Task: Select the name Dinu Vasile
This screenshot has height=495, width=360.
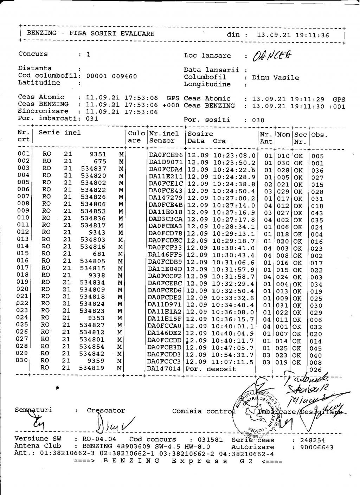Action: point(275,77)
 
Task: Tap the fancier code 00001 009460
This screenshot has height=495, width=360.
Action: point(111,76)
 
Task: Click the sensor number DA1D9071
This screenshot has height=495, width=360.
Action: point(166,163)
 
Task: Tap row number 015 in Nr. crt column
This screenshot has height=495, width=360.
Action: point(23,253)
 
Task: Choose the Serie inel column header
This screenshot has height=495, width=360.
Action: point(59,133)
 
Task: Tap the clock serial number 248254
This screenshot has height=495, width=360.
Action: point(313,440)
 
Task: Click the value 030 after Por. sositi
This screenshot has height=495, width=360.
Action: point(258,120)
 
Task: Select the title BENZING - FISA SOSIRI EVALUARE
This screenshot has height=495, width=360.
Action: point(91,33)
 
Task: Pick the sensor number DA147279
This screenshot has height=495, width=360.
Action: point(165,198)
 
